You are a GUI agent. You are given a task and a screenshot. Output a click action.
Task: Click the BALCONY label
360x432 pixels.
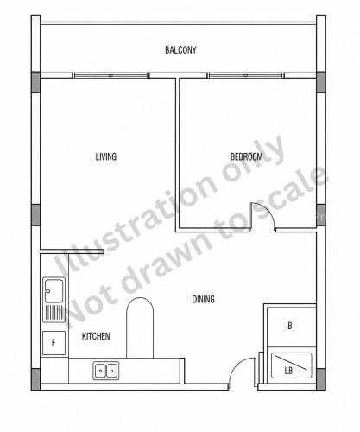tap(180, 50)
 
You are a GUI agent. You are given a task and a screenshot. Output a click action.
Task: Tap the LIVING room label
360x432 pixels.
tap(106, 156)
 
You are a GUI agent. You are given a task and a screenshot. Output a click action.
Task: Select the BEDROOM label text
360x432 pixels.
tap(247, 156)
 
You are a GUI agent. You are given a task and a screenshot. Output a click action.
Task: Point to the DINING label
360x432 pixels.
tap(204, 299)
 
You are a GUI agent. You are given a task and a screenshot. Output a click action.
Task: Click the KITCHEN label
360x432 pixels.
tap(96, 336)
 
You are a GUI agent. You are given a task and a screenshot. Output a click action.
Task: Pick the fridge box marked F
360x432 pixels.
tap(54, 343)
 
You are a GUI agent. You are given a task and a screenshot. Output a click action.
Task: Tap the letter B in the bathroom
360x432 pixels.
tap(290, 326)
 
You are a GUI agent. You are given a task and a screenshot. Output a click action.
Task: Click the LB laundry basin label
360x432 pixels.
tap(288, 371)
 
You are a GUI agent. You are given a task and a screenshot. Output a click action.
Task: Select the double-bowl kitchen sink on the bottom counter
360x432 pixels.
tap(106, 371)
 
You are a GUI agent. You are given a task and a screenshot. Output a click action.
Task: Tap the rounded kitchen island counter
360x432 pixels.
tap(140, 327)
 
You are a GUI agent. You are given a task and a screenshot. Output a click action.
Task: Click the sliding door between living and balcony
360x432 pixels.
tap(111, 75)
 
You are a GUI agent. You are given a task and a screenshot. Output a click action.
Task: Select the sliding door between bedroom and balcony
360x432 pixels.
tap(245, 75)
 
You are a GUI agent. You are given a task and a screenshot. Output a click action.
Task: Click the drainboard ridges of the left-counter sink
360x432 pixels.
tap(54, 313)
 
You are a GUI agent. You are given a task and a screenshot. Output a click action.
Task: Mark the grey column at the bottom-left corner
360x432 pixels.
tap(35, 379)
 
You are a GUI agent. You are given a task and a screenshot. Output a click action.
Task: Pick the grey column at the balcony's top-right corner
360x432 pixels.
tap(321, 82)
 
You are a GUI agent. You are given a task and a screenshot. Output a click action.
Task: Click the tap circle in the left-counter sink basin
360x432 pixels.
tap(48, 291)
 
